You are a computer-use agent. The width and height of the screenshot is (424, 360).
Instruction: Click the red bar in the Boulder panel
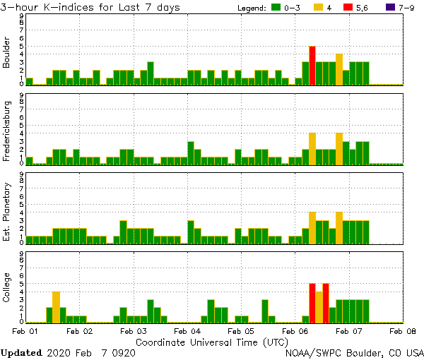[x=312, y=66]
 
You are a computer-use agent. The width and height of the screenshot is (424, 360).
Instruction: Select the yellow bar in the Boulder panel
[x=339, y=69]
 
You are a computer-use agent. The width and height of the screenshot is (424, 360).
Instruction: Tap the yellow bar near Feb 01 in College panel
[x=56, y=307]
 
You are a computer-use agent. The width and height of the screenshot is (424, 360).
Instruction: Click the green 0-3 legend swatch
[x=276, y=8]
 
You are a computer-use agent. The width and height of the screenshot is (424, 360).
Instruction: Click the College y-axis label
[x=7, y=289]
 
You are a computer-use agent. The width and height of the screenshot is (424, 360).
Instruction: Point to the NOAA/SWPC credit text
[x=354, y=352]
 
